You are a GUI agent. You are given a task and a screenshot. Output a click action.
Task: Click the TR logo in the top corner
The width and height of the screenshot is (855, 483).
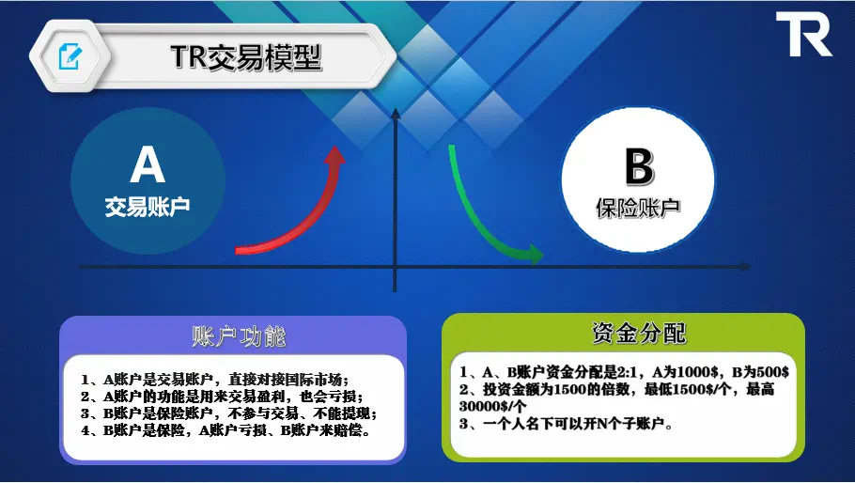point(803,35)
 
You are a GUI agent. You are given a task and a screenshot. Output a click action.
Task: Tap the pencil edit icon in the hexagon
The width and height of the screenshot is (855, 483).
point(70,56)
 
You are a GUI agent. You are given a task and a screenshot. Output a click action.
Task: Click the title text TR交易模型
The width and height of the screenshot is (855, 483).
point(246,56)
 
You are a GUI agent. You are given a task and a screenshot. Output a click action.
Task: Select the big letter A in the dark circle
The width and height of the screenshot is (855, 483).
point(148,164)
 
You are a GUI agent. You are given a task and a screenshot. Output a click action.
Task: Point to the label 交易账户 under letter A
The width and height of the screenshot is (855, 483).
point(148,207)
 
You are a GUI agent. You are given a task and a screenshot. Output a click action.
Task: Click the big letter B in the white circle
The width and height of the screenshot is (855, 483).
point(639,166)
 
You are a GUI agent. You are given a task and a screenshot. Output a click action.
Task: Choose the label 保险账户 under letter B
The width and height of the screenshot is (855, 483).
point(638,208)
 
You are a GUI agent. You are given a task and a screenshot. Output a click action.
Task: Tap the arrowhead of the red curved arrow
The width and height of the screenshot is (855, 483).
point(334,154)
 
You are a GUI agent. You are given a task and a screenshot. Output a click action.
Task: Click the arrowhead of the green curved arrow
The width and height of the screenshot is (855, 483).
point(536,254)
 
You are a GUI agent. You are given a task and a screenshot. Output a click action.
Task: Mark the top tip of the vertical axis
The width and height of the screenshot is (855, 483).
point(396,108)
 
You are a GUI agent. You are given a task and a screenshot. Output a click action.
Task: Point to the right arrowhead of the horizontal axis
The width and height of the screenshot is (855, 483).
point(746,267)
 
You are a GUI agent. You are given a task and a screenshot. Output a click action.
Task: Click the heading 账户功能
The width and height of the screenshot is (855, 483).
point(239,336)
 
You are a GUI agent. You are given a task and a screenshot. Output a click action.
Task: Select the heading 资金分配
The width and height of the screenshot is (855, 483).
point(639,333)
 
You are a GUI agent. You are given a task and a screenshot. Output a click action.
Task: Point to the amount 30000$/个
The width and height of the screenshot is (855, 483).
point(493,406)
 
